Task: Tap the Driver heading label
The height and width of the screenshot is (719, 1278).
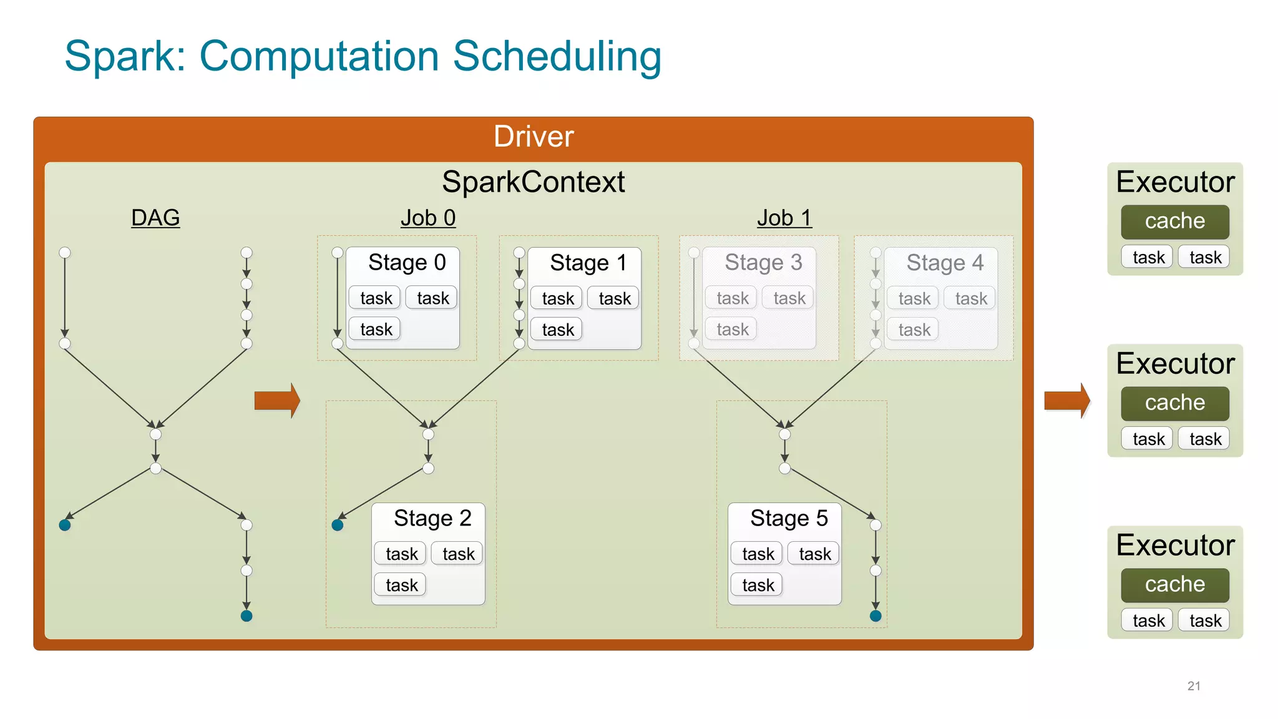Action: (533, 137)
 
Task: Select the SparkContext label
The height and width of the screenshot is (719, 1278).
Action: (533, 182)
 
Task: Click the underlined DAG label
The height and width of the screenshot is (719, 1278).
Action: (155, 218)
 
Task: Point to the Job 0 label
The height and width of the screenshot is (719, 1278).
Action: (428, 218)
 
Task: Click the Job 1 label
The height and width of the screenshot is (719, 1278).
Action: (784, 218)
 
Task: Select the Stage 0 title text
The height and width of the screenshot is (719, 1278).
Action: (407, 262)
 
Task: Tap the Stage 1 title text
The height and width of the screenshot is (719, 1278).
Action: (588, 263)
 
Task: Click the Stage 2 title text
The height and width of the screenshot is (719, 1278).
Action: (432, 518)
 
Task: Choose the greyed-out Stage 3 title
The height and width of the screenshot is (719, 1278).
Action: (763, 262)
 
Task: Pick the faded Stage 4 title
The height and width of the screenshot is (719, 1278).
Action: (945, 263)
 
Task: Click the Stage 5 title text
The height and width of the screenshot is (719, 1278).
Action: (789, 518)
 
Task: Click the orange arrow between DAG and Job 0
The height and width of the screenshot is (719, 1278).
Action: (277, 400)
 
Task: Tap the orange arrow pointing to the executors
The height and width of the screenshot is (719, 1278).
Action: (1067, 400)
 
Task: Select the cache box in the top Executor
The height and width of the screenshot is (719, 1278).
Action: (1174, 222)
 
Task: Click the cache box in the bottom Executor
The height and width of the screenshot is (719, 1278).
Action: (1174, 585)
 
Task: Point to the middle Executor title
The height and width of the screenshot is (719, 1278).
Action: (1175, 364)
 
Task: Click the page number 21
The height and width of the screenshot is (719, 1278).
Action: (1194, 686)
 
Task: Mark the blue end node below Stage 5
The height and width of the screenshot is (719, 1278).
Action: (876, 616)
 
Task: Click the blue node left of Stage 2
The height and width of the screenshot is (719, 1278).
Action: (338, 525)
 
